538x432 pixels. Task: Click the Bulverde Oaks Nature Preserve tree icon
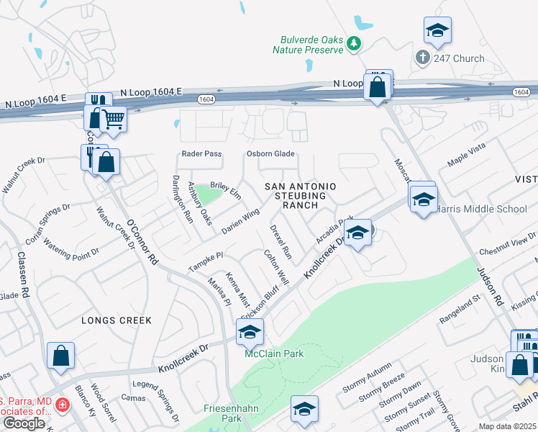pos(353,45)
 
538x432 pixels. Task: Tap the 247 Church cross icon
pos(422,56)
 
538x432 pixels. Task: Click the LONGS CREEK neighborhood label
pos(117,320)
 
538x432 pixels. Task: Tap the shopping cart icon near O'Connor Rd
pos(114,119)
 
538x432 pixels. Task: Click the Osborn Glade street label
pos(271,154)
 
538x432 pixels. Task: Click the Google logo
pos(23,423)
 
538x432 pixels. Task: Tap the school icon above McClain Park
pos(250,332)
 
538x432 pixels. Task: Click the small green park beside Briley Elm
pos(206,194)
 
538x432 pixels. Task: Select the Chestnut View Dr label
pos(509,246)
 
